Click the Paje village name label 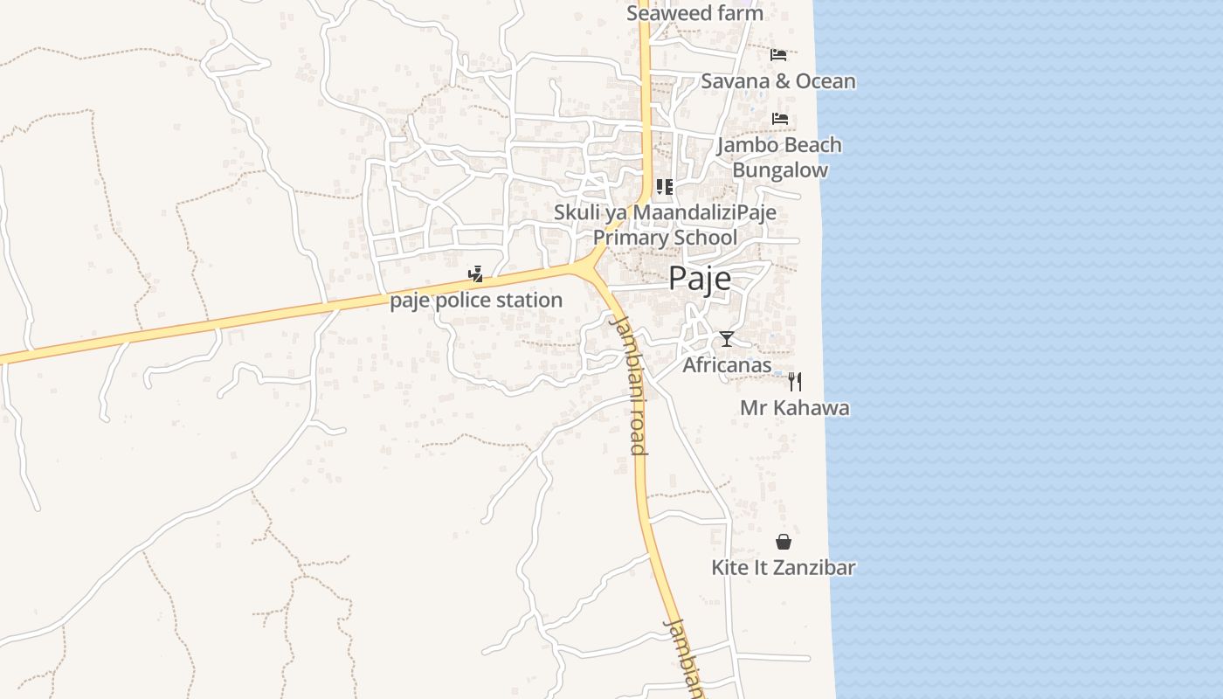(x=699, y=278)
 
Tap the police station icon (x=476, y=274)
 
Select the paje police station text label (x=476, y=301)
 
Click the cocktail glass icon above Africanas (x=727, y=339)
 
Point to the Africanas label (x=727, y=365)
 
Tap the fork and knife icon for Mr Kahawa (x=794, y=381)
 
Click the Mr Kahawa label (x=794, y=408)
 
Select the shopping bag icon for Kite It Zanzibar (x=784, y=542)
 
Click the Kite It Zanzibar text (x=783, y=567)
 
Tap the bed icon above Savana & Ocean (x=778, y=55)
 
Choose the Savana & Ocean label (x=778, y=81)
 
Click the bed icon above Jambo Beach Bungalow (x=780, y=119)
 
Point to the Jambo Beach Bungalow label (x=779, y=157)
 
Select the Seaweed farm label (x=694, y=13)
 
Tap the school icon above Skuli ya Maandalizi (x=665, y=187)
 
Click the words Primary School (x=665, y=238)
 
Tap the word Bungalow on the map (x=779, y=170)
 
